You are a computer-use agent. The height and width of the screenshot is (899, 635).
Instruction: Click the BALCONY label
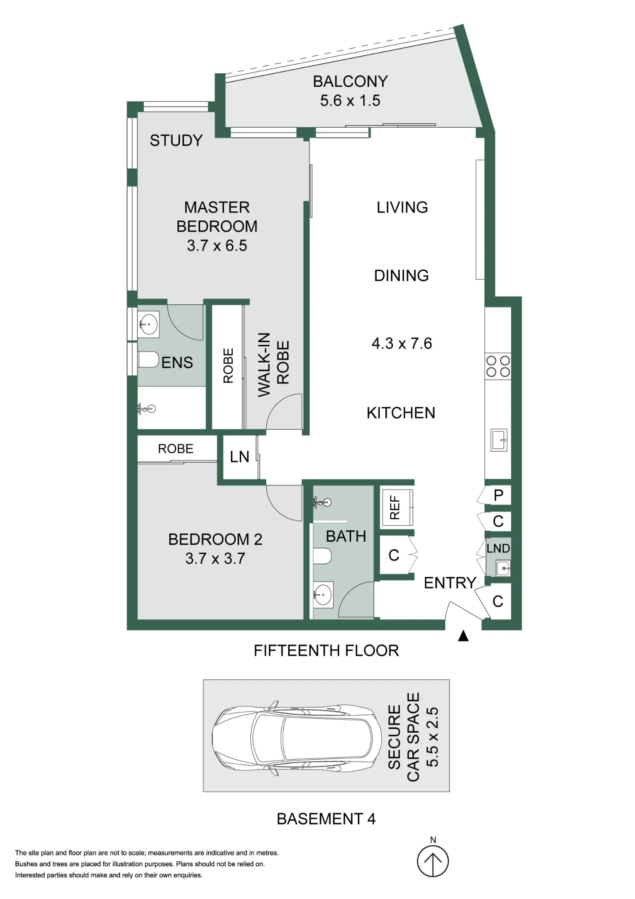(x=350, y=81)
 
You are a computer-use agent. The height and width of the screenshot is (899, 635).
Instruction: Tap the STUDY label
(x=176, y=141)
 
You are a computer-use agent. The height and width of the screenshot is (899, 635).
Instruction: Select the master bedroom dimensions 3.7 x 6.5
(x=217, y=245)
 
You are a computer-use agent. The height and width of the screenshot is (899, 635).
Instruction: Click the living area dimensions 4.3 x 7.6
(x=401, y=343)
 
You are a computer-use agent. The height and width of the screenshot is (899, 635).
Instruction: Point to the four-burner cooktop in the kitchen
(x=498, y=366)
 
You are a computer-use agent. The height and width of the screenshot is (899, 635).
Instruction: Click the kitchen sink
(x=499, y=440)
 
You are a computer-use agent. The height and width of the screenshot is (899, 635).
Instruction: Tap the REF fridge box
(x=397, y=507)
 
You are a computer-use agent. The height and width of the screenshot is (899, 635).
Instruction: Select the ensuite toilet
(x=149, y=360)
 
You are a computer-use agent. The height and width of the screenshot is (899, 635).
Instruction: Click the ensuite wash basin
(x=148, y=324)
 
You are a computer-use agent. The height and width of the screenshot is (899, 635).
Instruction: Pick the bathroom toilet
(x=322, y=556)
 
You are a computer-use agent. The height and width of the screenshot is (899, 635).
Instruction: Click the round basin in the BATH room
(x=323, y=595)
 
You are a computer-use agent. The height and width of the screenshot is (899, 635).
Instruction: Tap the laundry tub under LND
(x=503, y=568)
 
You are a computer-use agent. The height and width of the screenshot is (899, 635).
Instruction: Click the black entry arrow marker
(x=463, y=636)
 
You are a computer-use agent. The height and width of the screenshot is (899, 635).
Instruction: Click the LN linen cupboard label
(x=239, y=457)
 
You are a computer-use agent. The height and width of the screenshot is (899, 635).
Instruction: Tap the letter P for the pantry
(x=498, y=495)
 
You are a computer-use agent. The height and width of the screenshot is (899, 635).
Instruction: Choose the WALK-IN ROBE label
(x=273, y=365)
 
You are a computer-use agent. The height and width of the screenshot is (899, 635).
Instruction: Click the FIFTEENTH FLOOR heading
(x=326, y=650)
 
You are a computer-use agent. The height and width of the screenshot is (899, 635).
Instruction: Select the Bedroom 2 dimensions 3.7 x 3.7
(x=215, y=558)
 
